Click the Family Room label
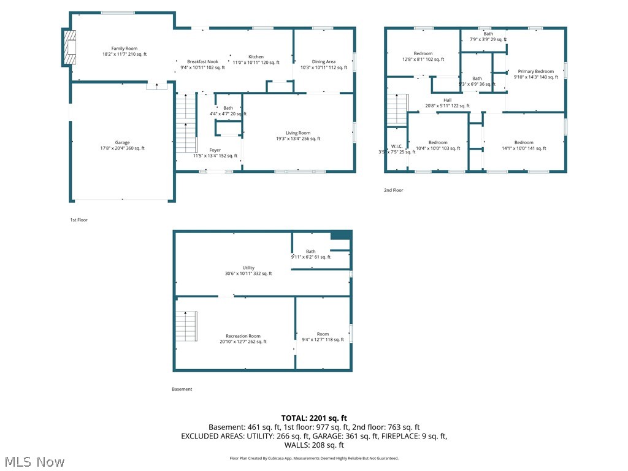pos(124,48)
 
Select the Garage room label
pos(122,143)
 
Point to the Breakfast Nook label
pos(202,62)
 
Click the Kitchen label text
pos(256,57)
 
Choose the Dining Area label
pos(323,62)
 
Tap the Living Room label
pos(298,133)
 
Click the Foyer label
pos(215,150)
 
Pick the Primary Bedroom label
pos(535,72)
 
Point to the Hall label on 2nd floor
pos(447,100)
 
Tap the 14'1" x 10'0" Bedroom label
pos(524,143)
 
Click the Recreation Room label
pos(243,336)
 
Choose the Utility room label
pos(248,268)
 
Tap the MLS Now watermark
pos(34,461)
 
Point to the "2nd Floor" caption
pos(393,190)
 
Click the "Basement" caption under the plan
pos(182,389)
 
